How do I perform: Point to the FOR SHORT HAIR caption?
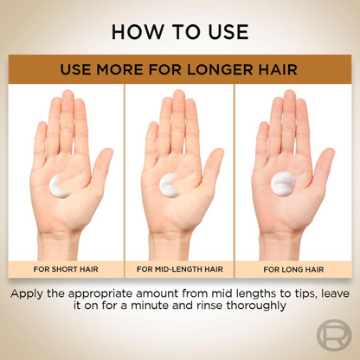click(66, 269)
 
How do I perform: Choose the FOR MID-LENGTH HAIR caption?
click(180, 269)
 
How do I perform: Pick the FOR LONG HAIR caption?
click(293, 269)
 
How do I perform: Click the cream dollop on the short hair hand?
click(60, 186)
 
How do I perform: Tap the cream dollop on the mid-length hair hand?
click(170, 186)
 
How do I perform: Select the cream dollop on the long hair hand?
click(283, 183)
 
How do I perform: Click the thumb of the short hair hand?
click(101, 167)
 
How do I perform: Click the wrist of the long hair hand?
click(280, 245)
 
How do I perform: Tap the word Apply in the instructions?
click(27, 294)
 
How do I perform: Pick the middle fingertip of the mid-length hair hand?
click(179, 92)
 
